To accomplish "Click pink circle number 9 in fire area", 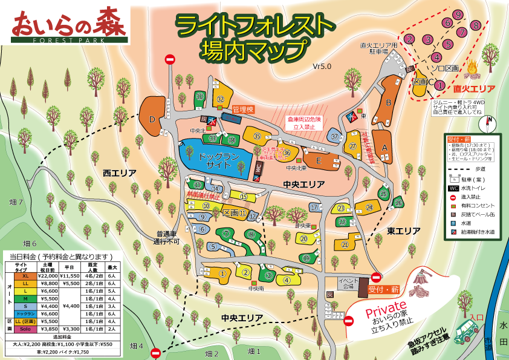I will coord(458,15).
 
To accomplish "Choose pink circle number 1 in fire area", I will coord(439,85).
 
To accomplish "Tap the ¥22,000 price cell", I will coord(48,277).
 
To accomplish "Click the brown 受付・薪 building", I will coord(362,287).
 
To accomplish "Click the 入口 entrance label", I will coord(477,316).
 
